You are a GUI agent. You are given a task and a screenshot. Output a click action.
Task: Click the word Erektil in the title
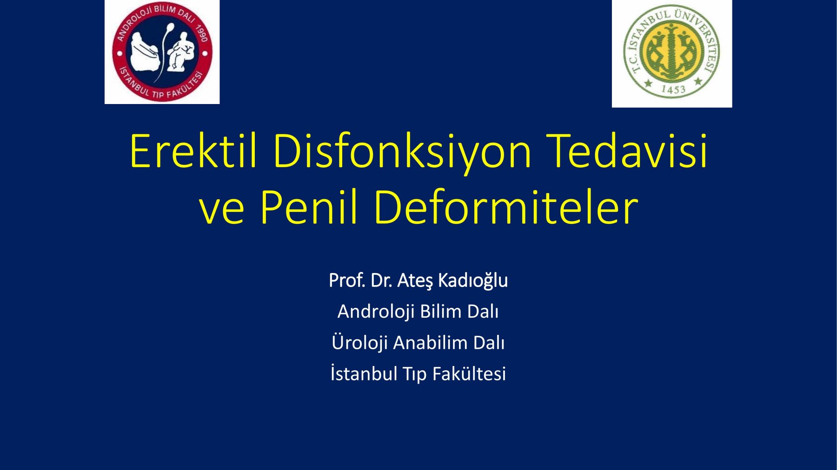coord(193,151)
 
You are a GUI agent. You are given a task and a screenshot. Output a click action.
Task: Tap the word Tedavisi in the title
coord(627,150)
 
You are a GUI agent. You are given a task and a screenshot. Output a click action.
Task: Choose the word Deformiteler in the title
coord(506,206)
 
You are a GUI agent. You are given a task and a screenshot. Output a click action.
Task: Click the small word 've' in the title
coord(221,211)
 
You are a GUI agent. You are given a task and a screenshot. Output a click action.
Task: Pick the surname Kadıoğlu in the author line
coord(473,281)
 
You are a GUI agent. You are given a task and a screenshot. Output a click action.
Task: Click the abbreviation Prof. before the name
coord(347,281)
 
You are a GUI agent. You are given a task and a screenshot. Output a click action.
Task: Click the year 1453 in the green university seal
coord(673,89)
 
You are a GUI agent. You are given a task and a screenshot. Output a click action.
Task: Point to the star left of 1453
coord(648,84)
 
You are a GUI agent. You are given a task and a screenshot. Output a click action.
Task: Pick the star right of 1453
coord(698,82)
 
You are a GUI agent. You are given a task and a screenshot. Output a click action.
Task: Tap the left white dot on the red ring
coord(120,53)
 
